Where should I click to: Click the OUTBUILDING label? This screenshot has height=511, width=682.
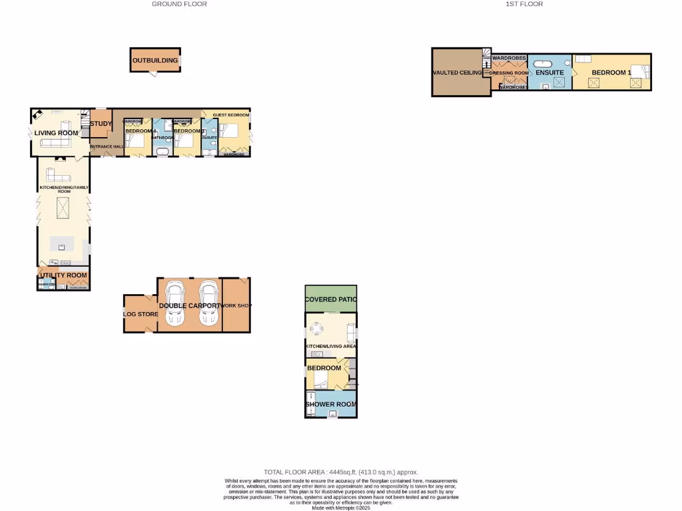point(155,61)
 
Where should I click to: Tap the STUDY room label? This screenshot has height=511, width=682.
point(101,123)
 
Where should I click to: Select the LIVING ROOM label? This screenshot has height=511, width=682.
point(56,133)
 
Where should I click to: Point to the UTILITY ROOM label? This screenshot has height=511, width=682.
point(63,275)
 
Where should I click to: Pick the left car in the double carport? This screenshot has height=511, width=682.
point(176,303)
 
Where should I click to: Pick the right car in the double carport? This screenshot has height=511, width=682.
point(208,303)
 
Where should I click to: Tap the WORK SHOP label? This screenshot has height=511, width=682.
point(236,305)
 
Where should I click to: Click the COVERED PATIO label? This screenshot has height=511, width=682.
point(331,299)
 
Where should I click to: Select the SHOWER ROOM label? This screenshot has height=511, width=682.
point(331,404)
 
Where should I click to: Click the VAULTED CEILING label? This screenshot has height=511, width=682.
point(457,73)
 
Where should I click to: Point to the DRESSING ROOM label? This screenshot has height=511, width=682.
point(509,73)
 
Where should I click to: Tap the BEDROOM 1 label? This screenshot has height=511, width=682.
point(611,73)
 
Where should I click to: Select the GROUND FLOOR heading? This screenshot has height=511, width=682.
point(179,4)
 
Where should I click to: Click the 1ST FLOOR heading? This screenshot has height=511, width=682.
point(524,4)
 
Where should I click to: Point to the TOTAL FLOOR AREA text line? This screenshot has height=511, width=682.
point(341,472)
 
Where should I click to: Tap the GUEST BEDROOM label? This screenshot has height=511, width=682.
point(231,115)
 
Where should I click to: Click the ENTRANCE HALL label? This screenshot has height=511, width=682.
point(107,146)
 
